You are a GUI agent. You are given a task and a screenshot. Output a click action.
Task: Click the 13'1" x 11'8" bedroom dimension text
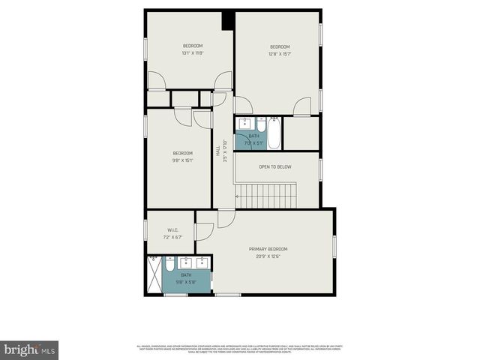point(193,53)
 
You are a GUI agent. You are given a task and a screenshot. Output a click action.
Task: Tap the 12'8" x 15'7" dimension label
point(280,53)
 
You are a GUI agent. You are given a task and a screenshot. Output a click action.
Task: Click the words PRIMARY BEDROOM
point(268,249)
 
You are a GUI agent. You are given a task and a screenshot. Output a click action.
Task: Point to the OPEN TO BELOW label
point(274,166)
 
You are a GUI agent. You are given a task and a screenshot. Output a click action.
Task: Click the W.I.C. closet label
point(172,230)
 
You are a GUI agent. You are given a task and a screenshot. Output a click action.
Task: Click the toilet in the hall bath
point(261,123)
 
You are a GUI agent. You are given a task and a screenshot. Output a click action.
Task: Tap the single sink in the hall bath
point(244,124)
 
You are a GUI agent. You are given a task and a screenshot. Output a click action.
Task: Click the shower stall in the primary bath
point(154,274)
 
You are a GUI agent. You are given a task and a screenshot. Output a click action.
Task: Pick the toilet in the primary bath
point(170,264)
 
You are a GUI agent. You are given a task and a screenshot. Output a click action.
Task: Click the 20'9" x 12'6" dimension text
point(268,256)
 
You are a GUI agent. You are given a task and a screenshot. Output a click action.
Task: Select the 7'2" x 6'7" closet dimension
point(172,237)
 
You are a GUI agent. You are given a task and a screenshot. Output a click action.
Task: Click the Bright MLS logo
point(29,349)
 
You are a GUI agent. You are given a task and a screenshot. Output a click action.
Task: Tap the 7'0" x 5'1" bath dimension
point(253,142)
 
